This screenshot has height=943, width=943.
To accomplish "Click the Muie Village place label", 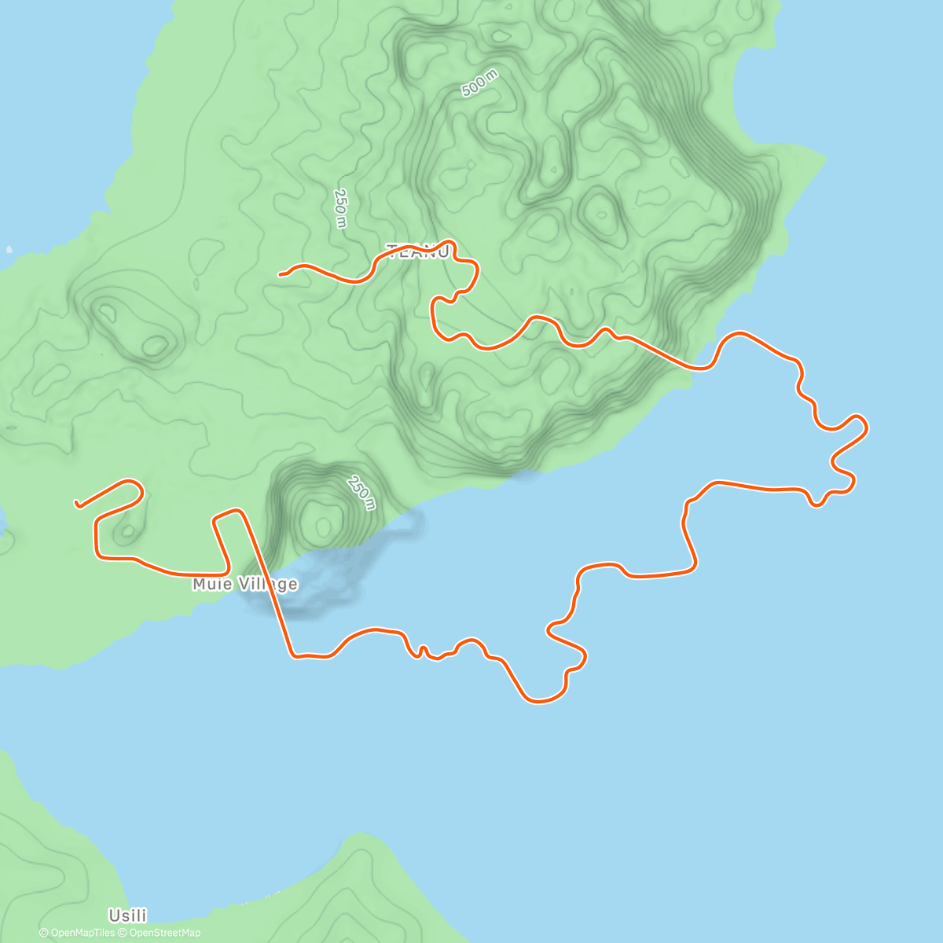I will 245,584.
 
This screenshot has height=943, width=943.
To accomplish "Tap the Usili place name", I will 127,915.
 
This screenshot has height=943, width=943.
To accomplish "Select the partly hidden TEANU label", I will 419,251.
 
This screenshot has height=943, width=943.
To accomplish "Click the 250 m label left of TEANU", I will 340,208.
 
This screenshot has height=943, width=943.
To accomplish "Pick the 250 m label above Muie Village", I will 361,492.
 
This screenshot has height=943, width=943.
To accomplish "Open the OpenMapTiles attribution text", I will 77,933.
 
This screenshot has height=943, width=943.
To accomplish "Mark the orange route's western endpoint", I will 76,503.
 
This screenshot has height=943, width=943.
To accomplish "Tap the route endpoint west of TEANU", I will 281,273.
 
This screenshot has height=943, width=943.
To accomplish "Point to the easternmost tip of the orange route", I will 866,427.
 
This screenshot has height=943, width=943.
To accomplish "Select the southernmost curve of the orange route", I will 541,701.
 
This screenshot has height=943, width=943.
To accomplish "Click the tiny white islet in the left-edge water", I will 9,250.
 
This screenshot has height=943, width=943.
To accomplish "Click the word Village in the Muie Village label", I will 270,584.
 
